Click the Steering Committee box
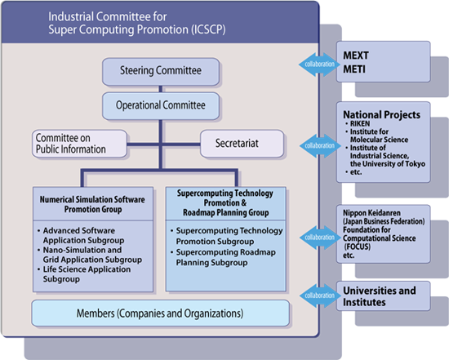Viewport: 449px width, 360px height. tap(161, 72)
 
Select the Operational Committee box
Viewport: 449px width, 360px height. tap(161, 105)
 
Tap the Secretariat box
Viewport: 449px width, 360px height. tap(242, 144)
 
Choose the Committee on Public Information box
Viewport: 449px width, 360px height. tap(80, 144)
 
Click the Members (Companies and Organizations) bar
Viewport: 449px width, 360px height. tap(160, 313)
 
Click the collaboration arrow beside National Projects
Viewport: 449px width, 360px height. tap(319, 146)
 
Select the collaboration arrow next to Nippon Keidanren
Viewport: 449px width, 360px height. tap(319, 238)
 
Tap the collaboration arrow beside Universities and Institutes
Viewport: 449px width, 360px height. tap(318, 296)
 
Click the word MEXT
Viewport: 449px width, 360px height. tap(356, 56)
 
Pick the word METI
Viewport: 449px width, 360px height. tap(354, 69)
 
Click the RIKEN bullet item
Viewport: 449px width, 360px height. tap(358, 124)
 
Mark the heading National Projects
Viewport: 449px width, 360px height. tap(382, 115)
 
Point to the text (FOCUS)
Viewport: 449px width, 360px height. tap(358, 247)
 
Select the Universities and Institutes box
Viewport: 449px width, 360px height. tap(383, 296)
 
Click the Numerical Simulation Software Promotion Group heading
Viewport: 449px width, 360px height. tap(92, 204)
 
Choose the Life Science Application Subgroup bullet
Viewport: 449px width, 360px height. tap(84, 274)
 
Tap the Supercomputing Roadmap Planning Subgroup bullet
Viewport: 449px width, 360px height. tap(224, 257)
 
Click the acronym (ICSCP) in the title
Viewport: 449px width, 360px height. tap(208, 29)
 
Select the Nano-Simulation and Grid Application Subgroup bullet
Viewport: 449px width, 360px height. tap(90, 255)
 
